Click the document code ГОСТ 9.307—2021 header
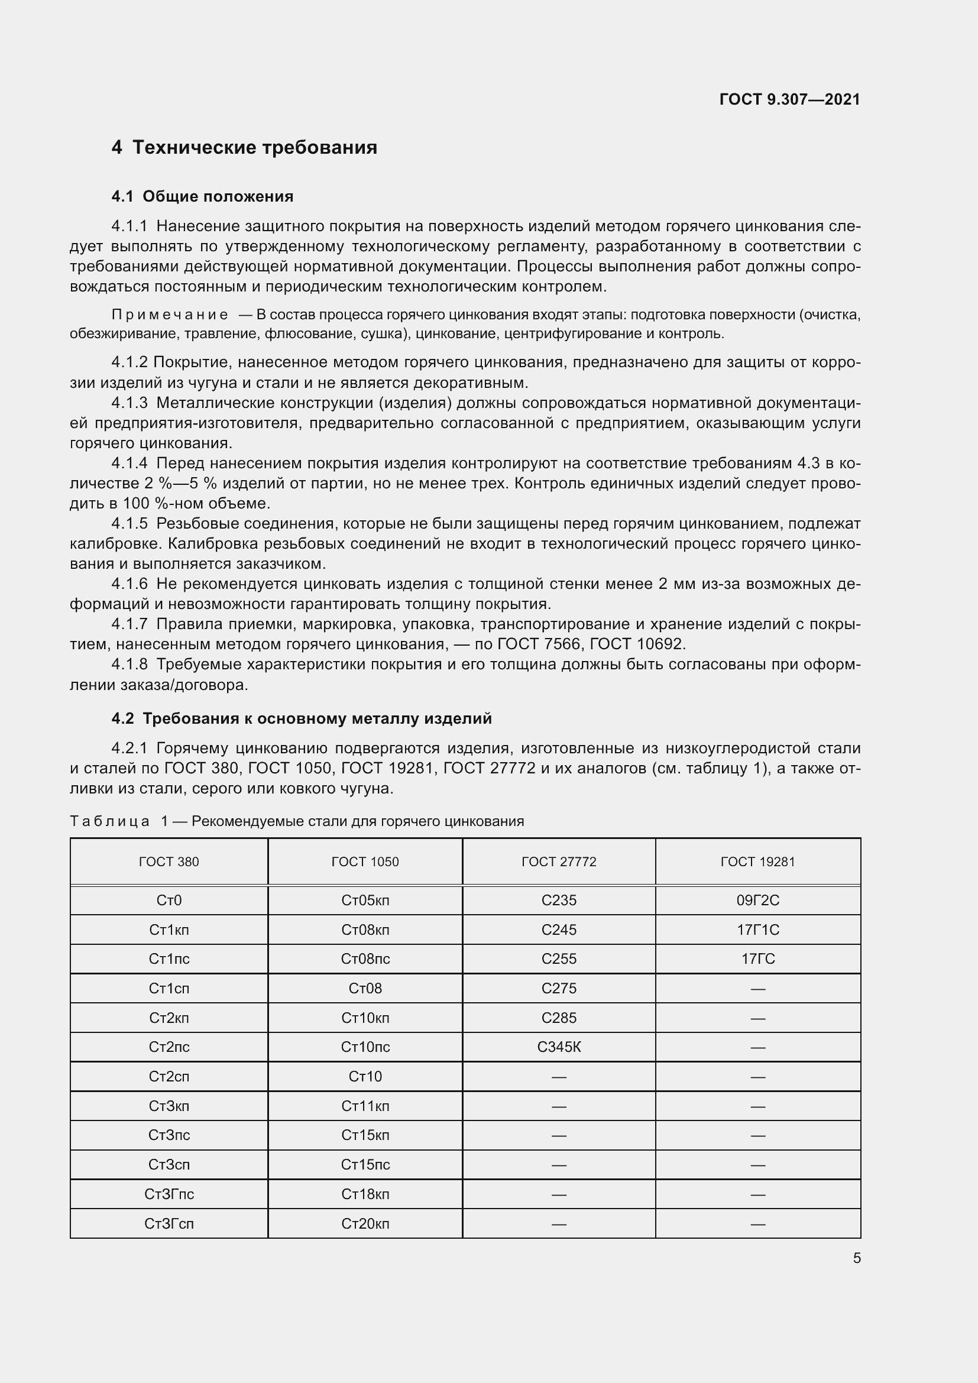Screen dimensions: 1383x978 click(x=789, y=99)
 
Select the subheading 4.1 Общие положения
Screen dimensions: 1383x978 click(x=202, y=196)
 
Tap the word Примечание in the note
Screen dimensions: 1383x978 click(x=170, y=315)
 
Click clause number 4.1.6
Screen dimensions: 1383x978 click(x=129, y=584)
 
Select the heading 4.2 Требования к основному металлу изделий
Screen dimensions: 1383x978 click(x=301, y=718)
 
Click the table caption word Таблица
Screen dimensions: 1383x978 click(x=109, y=822)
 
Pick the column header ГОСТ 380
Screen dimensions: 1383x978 click(x=169, y=862)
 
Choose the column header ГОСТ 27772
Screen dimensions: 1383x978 click(x=559, y=862)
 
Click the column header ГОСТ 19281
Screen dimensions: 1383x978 click(x=757, y=862)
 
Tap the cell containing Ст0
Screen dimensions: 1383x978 click(x=169, y=901)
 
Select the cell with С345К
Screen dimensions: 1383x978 click(x=559, y=1048)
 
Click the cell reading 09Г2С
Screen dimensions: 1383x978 click(x=757, y=901)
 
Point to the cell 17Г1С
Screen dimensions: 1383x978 click(x=757, y=930)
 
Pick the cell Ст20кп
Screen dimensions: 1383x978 click(x=365, y=1224)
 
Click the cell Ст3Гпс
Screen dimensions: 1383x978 click(x=169, y=1194)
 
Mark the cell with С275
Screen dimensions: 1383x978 click(x=559, y=989)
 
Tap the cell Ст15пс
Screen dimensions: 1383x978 click(x=365, y=1165)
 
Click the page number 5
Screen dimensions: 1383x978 click(x=856, y=1258)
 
